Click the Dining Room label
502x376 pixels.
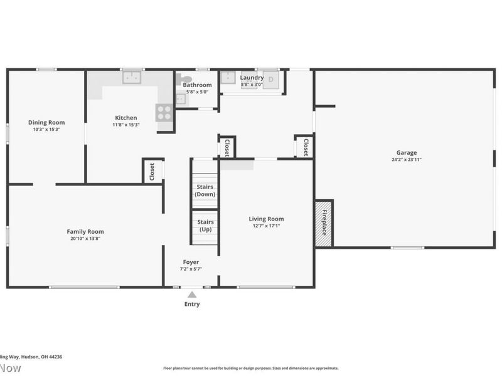[46, 122]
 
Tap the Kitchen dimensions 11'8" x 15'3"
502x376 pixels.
[125, 125]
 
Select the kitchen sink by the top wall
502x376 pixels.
[132, 78]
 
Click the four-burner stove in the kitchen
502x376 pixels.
[164, 112]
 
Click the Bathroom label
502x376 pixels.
[197, 85]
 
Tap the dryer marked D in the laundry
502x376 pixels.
[272, 80]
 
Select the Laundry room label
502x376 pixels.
[252, 78]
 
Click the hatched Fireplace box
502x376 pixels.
[324, 223]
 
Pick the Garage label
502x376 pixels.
[406, 152]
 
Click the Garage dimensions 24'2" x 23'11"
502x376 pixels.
[406, 159]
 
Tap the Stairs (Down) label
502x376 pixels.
[205, 191]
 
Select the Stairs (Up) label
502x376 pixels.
[205, 226]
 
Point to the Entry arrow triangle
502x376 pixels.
[192, 295]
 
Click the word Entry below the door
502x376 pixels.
[192, 305]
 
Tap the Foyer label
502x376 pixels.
[191, 262]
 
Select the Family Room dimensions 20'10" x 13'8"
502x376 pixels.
[85, 239]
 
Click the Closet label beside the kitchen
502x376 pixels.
[152, 171]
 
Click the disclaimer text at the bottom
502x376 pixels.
[251, 368]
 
